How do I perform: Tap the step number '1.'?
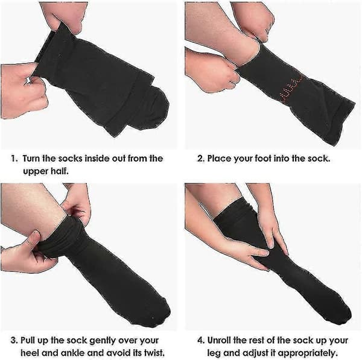(14, 159)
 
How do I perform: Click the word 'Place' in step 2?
(220, 159)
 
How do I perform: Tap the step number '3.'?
(14, 341)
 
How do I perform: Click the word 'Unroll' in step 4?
(220, 341)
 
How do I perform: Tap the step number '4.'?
(201, 341)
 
